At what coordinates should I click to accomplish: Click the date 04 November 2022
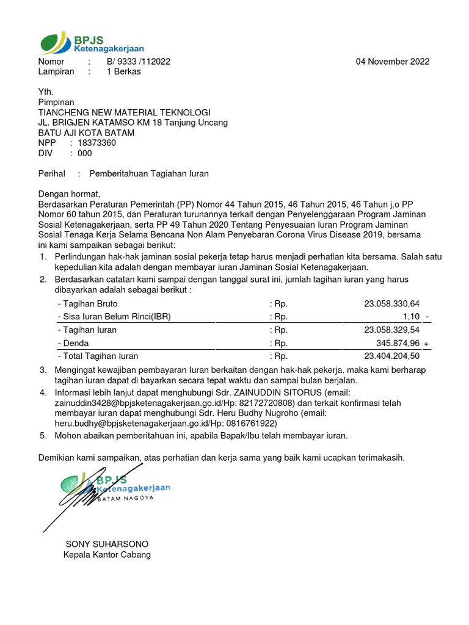[x=393, y=62]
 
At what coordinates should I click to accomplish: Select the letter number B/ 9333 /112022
[x=139, y=62]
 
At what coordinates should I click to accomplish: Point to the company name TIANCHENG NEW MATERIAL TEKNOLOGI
[x=124, y=112]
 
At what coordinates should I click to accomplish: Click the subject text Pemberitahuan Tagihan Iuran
[x=149, y=174]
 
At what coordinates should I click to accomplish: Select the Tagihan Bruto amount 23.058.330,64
[x=392, y=303]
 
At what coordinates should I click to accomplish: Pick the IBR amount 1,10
[x=412, y=316]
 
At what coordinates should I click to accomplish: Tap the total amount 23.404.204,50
[x=392, y=356]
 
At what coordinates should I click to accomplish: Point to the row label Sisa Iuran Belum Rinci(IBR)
[x=114, y=316]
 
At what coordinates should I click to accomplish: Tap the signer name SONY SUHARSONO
[x=107, y=544]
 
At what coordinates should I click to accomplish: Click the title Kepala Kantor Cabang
[x=107, y=555]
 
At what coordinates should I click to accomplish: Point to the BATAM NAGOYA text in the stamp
[x=126, y=497]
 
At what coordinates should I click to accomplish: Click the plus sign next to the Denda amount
[x=426, y=344]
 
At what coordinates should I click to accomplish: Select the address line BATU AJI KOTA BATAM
[x=86, y=133]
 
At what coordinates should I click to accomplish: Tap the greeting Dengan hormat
[x=68, y=194]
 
